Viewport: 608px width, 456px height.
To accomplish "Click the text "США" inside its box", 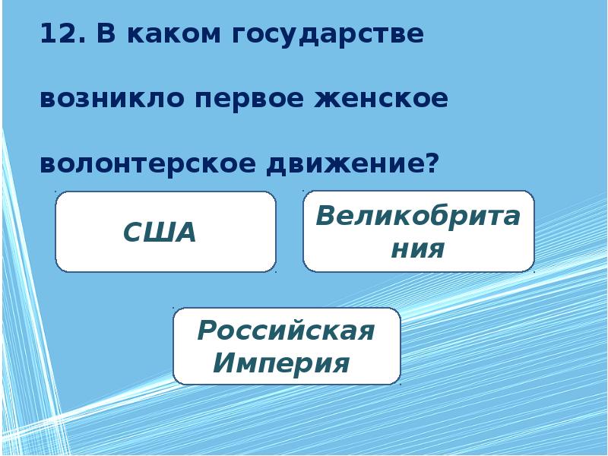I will click(160, 233).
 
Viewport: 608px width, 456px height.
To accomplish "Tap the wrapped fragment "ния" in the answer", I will click(417, 249).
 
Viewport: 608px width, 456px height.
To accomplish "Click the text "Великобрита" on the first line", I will click(418, 216).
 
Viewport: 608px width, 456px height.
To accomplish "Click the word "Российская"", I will click(286, 331).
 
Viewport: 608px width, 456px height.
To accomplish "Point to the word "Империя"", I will click(281, 363).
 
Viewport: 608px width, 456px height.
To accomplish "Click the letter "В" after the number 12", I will click(104, 35).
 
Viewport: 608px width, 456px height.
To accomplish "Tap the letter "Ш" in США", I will click(160, 233).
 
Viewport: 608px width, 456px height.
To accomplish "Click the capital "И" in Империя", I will click(223, 363).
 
